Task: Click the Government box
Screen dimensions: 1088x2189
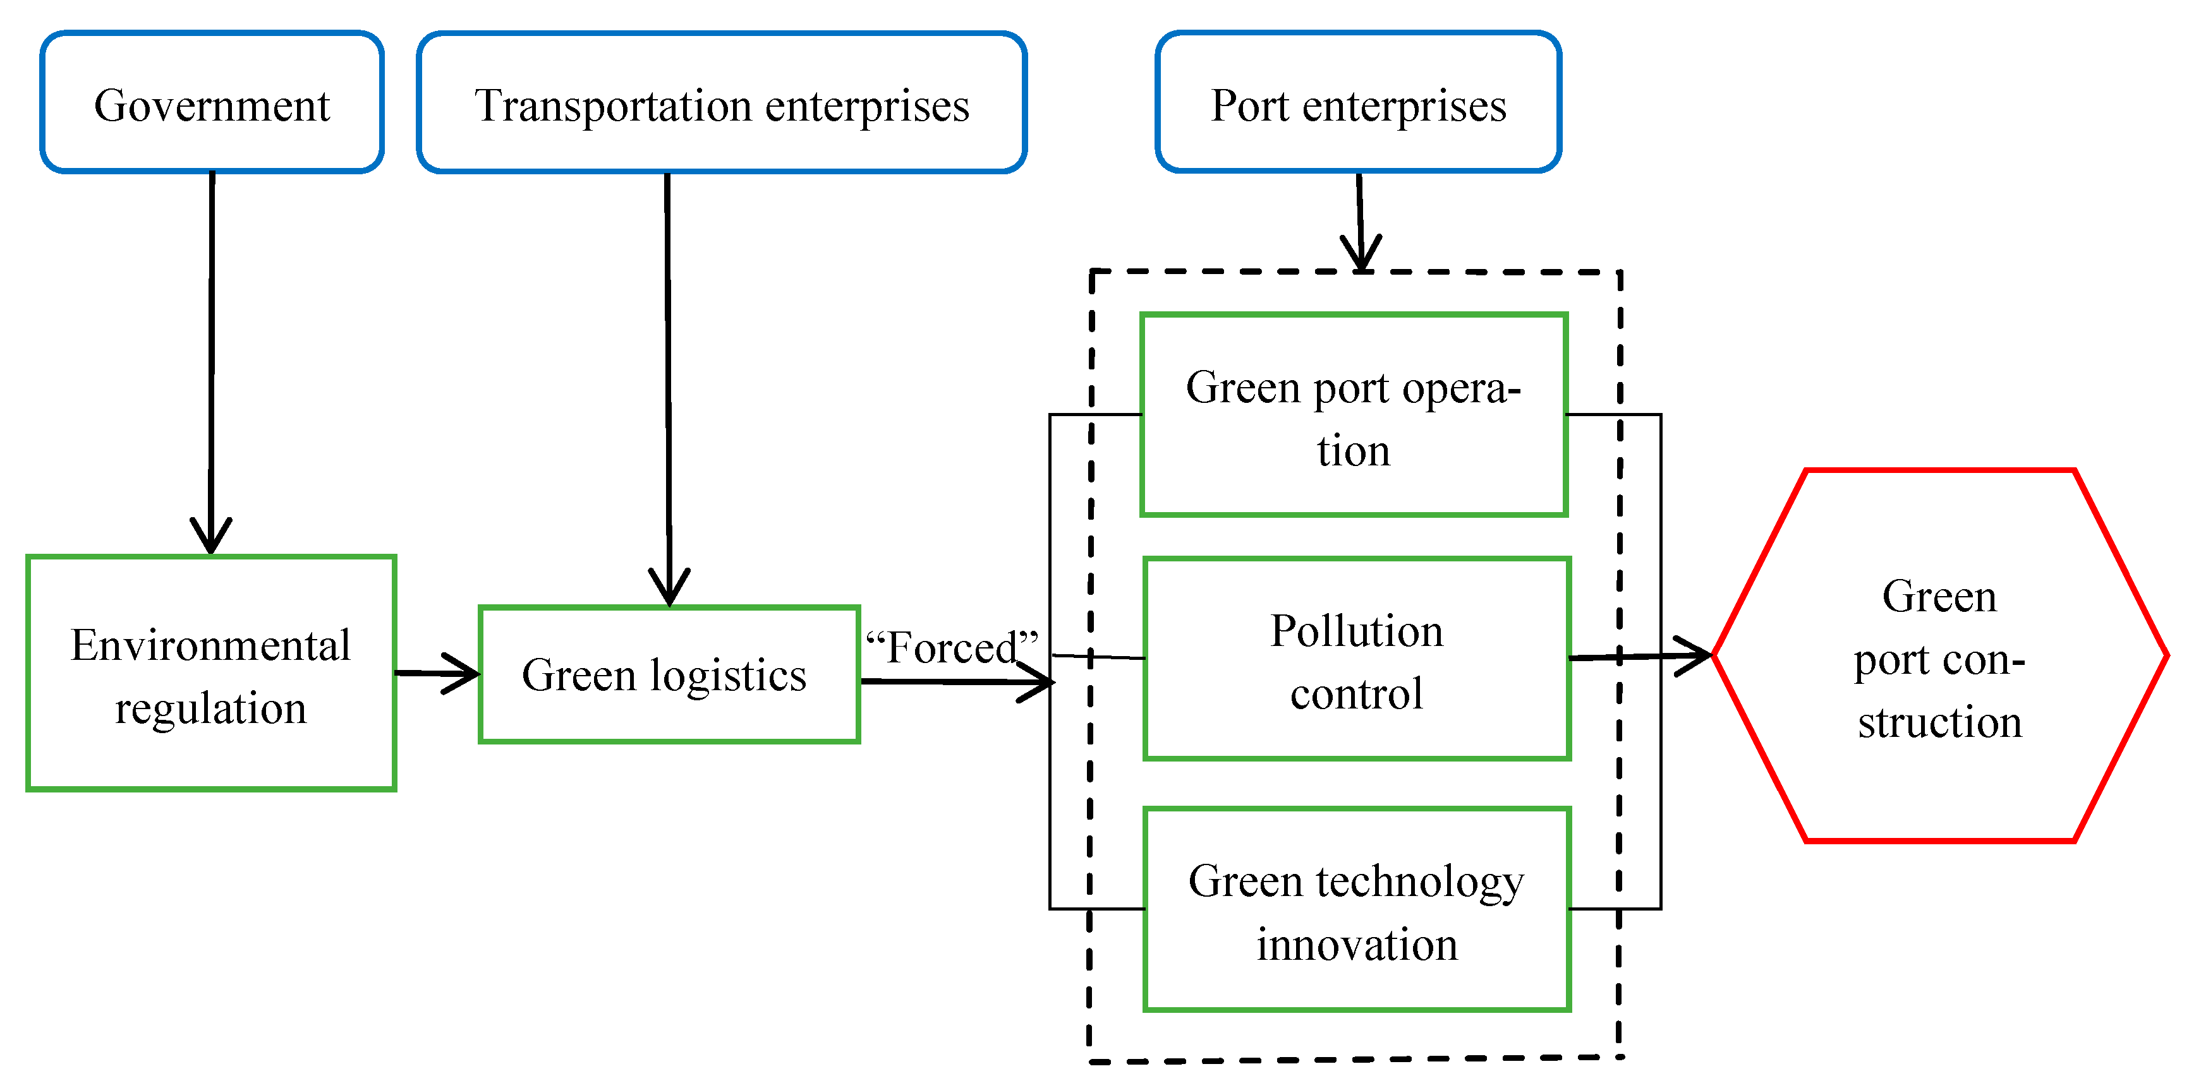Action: click(212, 103)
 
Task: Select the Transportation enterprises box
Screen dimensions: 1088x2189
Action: click(722, 103)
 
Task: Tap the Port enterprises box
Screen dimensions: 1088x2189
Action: click(1358, 103)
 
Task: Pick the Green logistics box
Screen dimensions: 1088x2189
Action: click(669, 675)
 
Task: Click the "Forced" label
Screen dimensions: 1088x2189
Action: click(951, 647)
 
